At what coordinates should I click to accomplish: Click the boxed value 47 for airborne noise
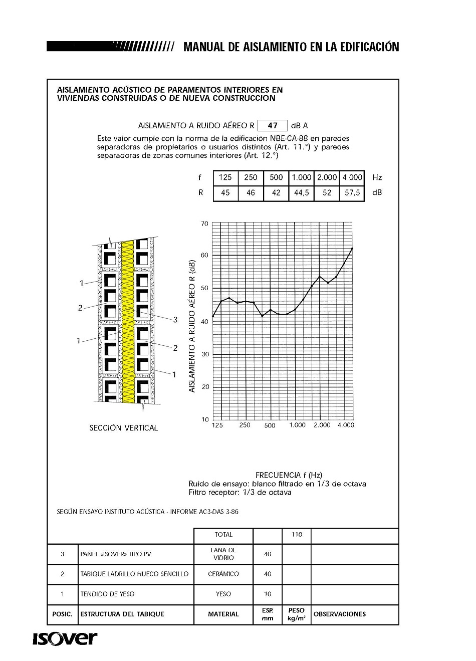[x=273, y=126]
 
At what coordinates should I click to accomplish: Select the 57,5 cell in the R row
[x=352, y=193]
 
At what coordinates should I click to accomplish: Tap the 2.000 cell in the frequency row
[x=327, y=177]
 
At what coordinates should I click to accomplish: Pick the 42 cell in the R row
[x=276, y=193]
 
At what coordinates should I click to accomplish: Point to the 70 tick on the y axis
[x=204, y=224]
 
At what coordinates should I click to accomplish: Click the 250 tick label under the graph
[x=245, y=425]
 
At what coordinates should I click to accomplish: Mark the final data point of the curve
[x=352, y=249]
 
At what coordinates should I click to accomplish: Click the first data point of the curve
[x=213, y=316]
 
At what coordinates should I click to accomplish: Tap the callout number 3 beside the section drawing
[x=175, y=320]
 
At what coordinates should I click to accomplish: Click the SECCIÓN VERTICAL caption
[x=123, y=428]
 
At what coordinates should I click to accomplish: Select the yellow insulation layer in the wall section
[x=128, y=321]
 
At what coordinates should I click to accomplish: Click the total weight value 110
[x=297, y=535]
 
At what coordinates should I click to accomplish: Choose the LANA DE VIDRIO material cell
[x=223, y=554]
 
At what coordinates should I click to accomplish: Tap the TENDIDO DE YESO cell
[x=108, y=594]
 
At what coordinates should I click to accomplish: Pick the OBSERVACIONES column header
[x=339, y=614]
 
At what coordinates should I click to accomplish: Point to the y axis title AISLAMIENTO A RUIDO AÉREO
[x=192, y=326]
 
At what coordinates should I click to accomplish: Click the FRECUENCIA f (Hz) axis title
[x=289, y=475]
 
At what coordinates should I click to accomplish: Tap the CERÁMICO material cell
[x=223, y=574]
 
